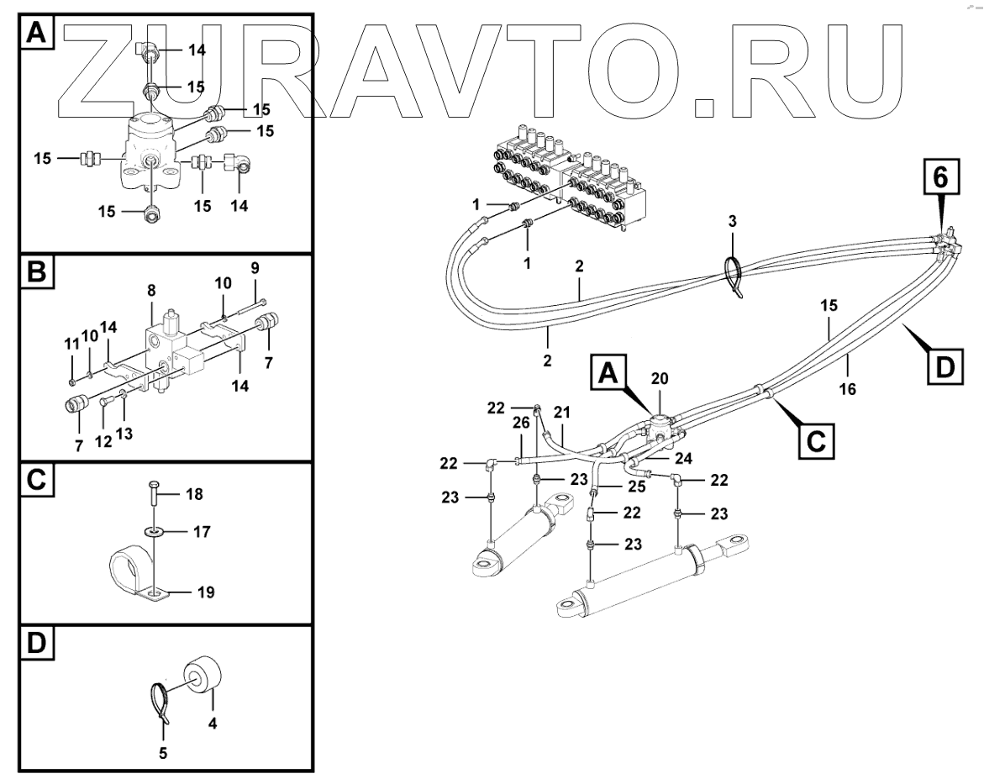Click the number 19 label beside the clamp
click(x=205, y=592)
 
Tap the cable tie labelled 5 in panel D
click(x=160, y=704)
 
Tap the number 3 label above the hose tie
click(x=733, y=221)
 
